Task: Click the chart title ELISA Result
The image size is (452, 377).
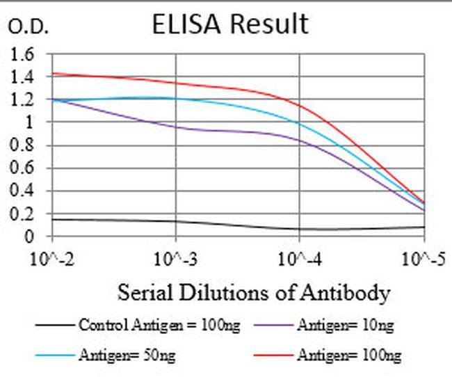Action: point(230,24)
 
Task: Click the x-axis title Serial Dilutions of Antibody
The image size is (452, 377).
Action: point(253,292)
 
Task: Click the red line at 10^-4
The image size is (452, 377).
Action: point(300,106)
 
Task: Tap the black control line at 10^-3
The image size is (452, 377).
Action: point(176,221)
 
